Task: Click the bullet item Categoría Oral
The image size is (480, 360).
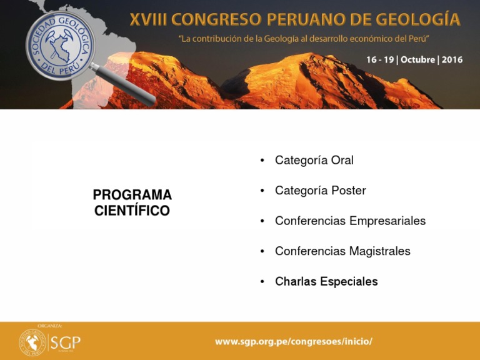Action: click(314, 161)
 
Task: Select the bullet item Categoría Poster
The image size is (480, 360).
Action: click(320, 191)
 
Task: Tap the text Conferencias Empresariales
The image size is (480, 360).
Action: click(350, 221)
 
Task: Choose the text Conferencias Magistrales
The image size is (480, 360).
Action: click(342, 251)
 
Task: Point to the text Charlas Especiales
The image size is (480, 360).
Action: click(326, 282)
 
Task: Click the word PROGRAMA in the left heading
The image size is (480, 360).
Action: click(132, 195)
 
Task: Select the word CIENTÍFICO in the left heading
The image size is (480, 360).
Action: click(132, 211)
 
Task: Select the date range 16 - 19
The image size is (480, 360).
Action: click(379, 60)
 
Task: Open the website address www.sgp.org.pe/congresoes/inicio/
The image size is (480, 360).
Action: click(294, 341)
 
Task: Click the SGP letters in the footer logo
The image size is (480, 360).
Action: click(66, 342)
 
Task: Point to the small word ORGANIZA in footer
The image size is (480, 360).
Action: click(49, 326)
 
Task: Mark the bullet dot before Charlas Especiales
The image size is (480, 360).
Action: click(262, 282)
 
